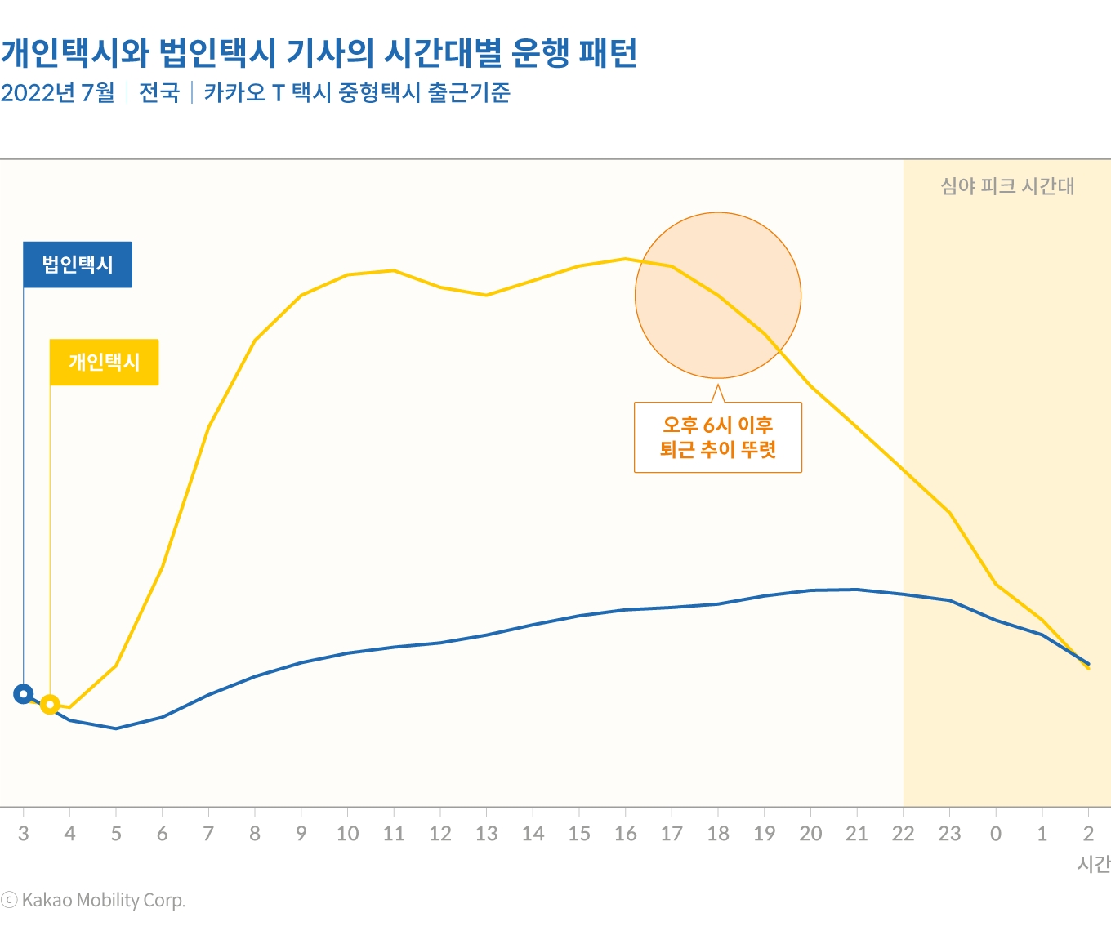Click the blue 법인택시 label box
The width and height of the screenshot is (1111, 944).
point(78,265)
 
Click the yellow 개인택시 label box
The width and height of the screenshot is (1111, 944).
point(104,362)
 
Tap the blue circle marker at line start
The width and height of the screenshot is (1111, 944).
point(23,694)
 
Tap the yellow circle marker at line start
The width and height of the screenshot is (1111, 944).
point(50,704)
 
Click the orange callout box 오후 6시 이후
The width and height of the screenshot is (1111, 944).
point(717,437)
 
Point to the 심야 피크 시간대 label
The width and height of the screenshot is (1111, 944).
point(1006,186)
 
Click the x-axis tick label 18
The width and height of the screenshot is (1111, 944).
point(718,834)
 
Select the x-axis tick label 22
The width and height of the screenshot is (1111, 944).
point(903,834)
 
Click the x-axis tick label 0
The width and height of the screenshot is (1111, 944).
point(995,834)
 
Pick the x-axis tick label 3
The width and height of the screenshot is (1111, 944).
point(23,834)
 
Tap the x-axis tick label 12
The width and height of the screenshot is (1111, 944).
point(440,834)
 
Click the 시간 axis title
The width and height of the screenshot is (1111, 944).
point(1093,864)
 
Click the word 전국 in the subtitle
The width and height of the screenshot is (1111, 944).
point(159,93)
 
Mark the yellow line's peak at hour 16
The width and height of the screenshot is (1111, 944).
point(625,259)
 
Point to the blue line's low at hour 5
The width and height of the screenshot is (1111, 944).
point(116,728)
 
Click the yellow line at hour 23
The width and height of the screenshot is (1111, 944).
point(949,513)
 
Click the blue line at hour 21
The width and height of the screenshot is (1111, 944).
point(856,590)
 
